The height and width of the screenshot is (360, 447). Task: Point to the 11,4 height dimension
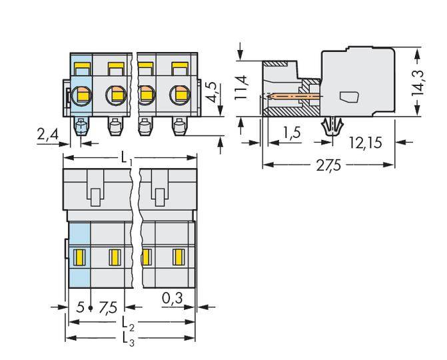point(242,87)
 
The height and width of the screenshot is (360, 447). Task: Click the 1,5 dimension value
point(290,133)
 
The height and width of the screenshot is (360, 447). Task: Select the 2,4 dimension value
point(47,135)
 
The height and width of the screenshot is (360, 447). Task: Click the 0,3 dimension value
point(174,298)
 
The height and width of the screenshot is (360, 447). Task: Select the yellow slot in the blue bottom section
point(80,256)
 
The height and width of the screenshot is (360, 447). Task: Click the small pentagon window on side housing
point(348,97)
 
